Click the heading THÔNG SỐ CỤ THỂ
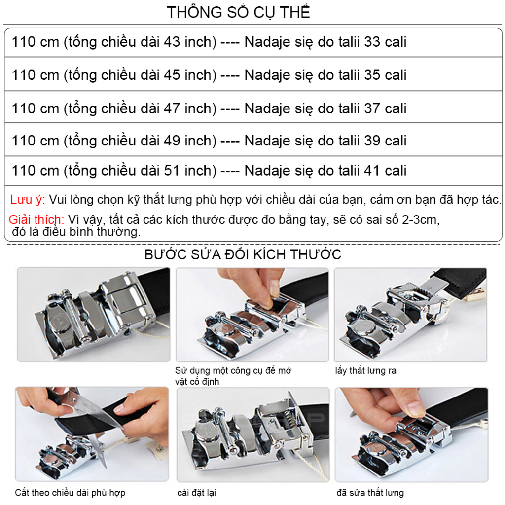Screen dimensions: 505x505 tap(238, 12)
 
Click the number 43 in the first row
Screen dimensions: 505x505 tap(172, 42)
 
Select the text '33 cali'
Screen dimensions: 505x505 tap(385, 42)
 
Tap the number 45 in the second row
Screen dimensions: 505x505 tap(172, 75)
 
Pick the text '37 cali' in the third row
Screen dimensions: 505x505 tap(385, 108)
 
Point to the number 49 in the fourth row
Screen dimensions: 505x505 tap(172, 141)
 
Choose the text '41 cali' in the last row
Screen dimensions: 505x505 tap(385, 171)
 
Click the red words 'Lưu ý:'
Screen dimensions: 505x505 tap(28, 200)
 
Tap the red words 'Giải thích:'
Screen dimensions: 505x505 tap(36, 219)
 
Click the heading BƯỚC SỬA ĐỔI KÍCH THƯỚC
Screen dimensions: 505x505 tap(243, 255)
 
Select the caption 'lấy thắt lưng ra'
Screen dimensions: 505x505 tap(365, 370)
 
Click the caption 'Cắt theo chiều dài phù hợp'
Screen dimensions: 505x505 tap(70, 492)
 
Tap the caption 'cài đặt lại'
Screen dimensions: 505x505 tap(197, 492)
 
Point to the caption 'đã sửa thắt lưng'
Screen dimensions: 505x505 tap(370, 492)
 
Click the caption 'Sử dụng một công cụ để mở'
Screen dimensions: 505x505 tap(233, 370)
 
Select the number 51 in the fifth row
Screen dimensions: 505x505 tap(172, 171)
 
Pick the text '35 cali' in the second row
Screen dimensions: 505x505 tap(385, 75)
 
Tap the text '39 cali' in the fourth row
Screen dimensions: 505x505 tap(385, 141)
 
